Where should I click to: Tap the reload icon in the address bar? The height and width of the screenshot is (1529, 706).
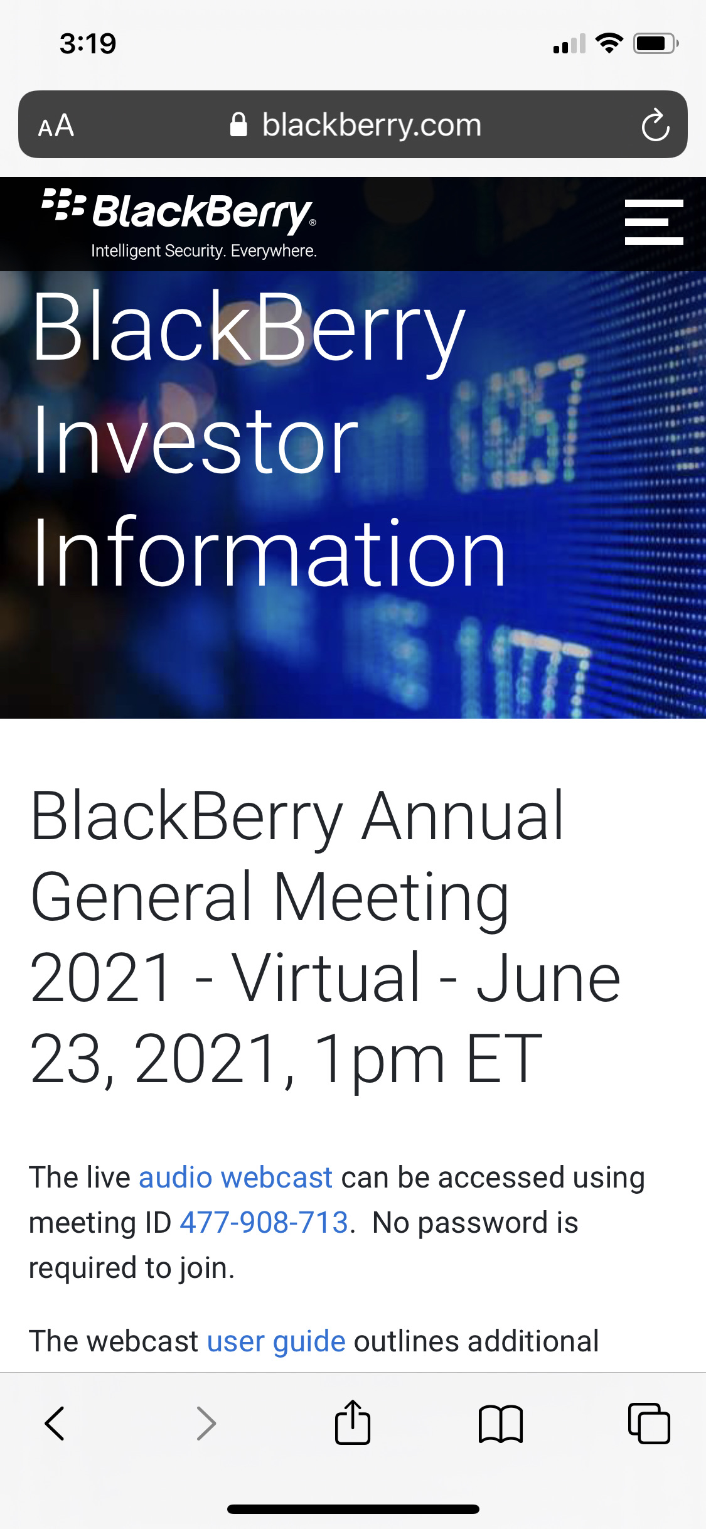tap(656, 125)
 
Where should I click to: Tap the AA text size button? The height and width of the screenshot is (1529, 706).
tap(56, 126)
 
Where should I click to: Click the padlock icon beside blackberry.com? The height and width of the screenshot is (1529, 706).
tap(238, 124)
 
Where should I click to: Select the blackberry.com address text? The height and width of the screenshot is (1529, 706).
tap(372, 125)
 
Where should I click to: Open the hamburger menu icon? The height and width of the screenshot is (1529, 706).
tap(654, 222)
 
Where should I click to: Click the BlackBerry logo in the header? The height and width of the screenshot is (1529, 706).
tap(179, 211)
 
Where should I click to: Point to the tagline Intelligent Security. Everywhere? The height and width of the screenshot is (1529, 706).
tap(204, 251)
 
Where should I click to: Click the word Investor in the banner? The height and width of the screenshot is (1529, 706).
tap(195, 440)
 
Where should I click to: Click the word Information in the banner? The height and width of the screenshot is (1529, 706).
tap(269, 552)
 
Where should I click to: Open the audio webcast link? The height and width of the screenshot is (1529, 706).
tap(235, 1178)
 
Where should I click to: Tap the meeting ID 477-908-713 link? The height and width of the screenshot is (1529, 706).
tap(264, 1223)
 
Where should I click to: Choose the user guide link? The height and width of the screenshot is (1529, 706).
tap(276, 1342)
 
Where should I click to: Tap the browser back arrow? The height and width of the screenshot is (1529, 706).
tap(55, 1423)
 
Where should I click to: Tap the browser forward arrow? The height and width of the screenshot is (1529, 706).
tap(206, 1423)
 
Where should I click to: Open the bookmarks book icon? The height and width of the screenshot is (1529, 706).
tap(500, 1424)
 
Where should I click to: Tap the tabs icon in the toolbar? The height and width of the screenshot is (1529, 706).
tap(649, 1423)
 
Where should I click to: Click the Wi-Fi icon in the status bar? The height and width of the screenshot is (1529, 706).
tap(609, 43)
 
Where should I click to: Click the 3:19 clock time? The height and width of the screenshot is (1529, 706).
tap(88, 44)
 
